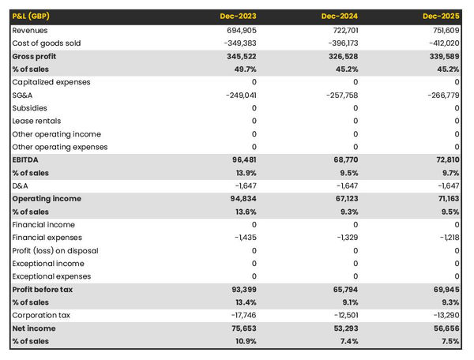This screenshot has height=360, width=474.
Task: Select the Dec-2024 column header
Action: coord(340,16)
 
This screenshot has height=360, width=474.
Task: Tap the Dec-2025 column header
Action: coord(442,16)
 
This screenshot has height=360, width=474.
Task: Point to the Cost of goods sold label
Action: coord(47,43)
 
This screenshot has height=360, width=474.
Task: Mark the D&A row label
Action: coord(21,186)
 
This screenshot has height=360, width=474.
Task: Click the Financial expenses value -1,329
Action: coord(345,238)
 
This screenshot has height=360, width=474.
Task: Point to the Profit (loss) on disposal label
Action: coord(56,250)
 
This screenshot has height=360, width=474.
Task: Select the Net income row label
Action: coord(33,328)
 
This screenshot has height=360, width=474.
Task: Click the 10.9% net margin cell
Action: coord(244,341)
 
